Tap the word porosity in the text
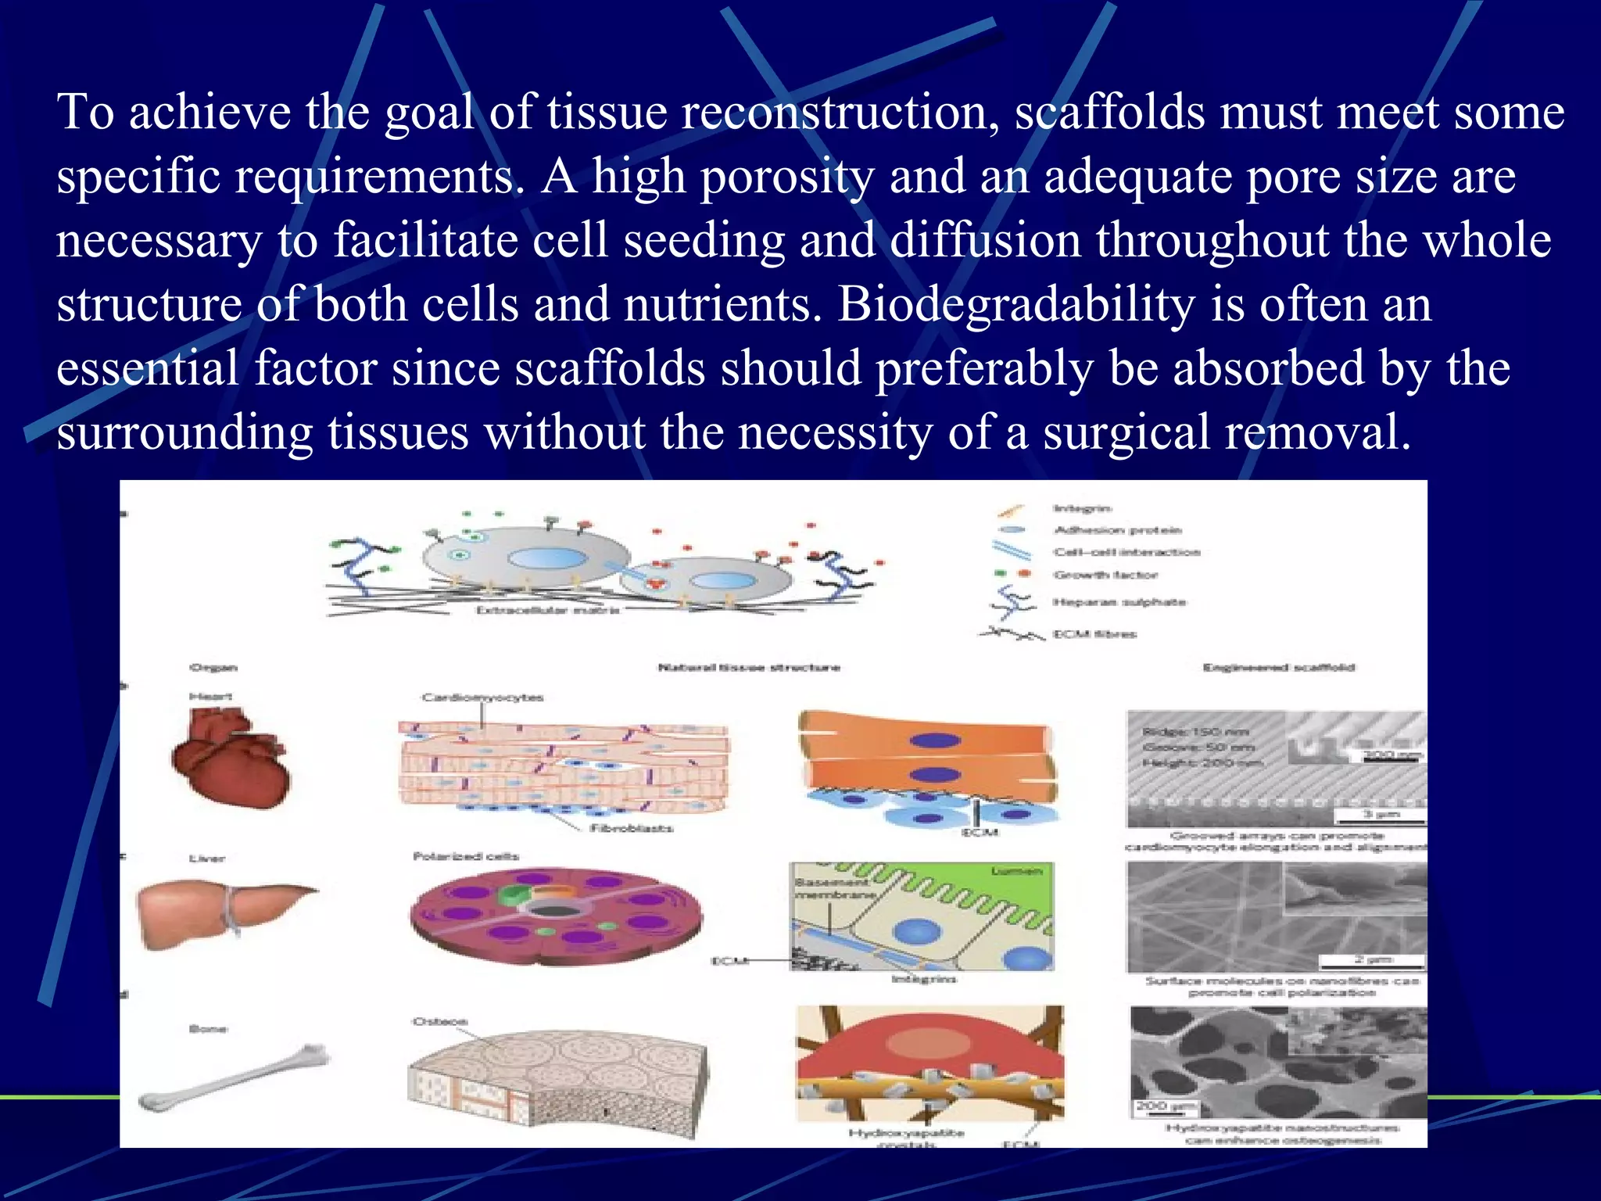point(786,177)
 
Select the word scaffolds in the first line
point(1109,113)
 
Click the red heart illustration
point(228,763)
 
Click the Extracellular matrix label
point(547,610)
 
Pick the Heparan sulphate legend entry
point(1119,602)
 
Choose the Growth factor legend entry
point(1105,575)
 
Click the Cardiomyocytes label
point(482,697)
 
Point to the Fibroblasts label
point(631,827)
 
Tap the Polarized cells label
point(465,856)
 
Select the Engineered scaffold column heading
point(1278,667)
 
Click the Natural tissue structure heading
point(748,667)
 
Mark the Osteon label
point(440,1021)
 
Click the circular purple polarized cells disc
point(555,915)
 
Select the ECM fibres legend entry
point(1094,634)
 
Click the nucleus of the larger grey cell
point(547,558)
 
